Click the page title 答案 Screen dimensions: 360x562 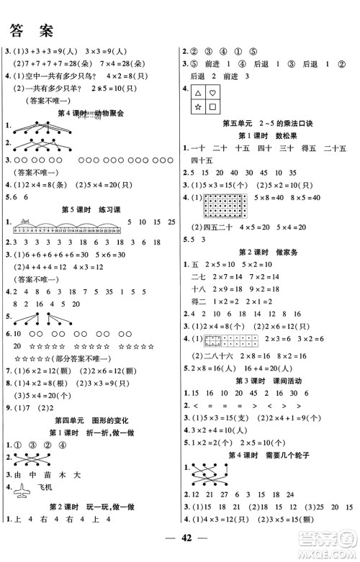coord(30,30)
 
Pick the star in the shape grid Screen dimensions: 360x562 coord(197,109)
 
